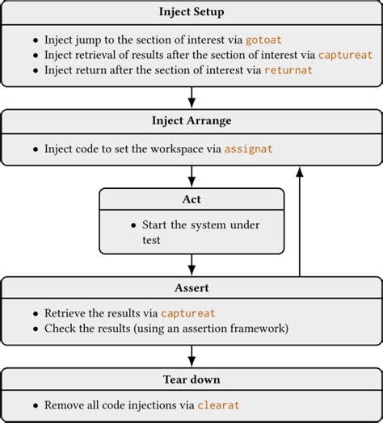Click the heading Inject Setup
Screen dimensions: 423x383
pyautogui.click(x=191, y=11)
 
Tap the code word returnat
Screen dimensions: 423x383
pyautogui.click(x=288, y=70)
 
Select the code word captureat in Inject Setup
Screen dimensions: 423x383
pyautogui.click(x=346, y=55)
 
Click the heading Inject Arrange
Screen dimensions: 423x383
pyautogui.click(x=191, y=121)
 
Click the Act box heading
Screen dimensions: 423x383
pyautogui.click(x=191, y=199)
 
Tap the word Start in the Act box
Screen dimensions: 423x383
pyautogui.click(x=157, y=224)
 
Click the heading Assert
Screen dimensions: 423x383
pyautogui.click(x=191, y=287)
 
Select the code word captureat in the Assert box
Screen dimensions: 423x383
pyautogui.click(x=187, y=312)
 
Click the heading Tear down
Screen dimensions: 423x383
pyautogui.click(x=191, y=379)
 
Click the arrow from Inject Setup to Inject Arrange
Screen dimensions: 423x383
pyautogui.click(x=191, y=97)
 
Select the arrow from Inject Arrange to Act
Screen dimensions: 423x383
pyautogui.click(x=191, y=175)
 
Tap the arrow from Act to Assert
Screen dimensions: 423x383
pyautogui.click(x=191, y=264)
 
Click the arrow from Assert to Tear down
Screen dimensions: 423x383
pyautogui.click(x=191, y=355)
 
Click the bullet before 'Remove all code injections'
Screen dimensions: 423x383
pyautogui.click(x=35, y=405)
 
